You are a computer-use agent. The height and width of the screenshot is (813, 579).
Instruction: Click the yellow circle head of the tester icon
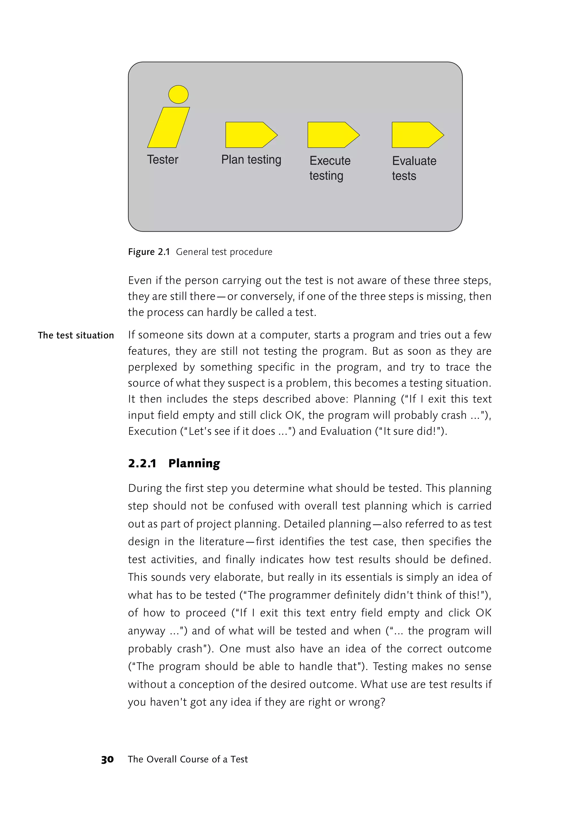tap(178, 94)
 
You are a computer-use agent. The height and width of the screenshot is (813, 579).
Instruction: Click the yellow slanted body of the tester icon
tap(168, 128)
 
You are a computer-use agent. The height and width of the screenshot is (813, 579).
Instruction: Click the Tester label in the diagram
tap(163, 160)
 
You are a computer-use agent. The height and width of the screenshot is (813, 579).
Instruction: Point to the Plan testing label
tap(251, 160)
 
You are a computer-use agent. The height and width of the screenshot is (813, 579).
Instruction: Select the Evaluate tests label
tap(414, 168)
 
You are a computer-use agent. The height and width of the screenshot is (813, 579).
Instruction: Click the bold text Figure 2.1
tap(149, 252)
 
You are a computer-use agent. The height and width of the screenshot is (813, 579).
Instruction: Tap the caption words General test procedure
tap(224, 252)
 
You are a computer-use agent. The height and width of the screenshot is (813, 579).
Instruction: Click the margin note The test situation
tap(76, 335)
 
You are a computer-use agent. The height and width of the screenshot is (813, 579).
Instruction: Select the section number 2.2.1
tap(142, 463)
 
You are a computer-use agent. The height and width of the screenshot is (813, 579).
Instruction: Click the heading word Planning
tap(194, 463)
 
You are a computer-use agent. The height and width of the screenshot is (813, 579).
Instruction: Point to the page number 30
tap(107, 759)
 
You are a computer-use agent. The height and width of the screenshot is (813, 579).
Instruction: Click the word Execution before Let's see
tap(152, 431)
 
